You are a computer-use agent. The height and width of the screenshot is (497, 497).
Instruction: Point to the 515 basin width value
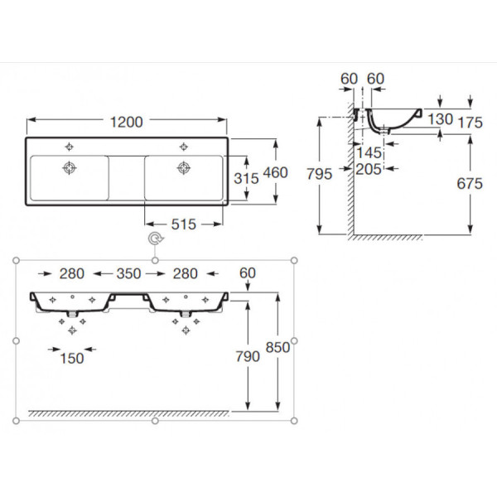(184, 224)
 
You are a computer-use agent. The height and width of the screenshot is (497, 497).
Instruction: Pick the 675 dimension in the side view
(469, 184)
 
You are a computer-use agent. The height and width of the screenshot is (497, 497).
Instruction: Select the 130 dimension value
(441, 119)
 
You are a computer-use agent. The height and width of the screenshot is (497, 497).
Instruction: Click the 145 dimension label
(369, 152)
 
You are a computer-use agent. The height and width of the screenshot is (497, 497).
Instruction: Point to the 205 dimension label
(369, 168)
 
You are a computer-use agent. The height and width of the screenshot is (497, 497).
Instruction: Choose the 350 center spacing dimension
(128, 273)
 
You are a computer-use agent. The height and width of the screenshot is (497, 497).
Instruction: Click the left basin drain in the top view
(69, 168)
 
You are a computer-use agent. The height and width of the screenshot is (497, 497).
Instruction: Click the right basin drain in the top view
(182, 168)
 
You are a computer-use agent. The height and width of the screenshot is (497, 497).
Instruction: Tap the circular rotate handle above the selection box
(154, 240)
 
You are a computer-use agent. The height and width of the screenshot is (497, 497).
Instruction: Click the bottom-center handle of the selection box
(155, 421)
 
